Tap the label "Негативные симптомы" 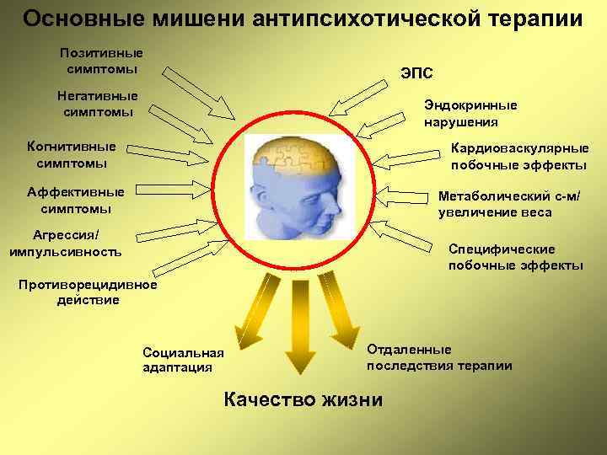pyautogui.click(x=97, y=103)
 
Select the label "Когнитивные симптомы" pyautogui.click(x=72, y=154)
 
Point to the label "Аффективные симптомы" pyautogui.click(x=75, y=200)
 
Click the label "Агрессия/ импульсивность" pyautogui.click(x=65, y=243)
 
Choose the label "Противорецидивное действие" pyautogui.click(x=89, y=292)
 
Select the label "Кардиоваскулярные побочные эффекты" pyautogui.click(x=519, y=156)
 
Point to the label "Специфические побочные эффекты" pyautogui.click(x=514, y=257)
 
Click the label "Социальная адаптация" pyautogui.click(x=184, y=359)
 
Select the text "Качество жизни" pyautogui.click(x=303, y=399)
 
